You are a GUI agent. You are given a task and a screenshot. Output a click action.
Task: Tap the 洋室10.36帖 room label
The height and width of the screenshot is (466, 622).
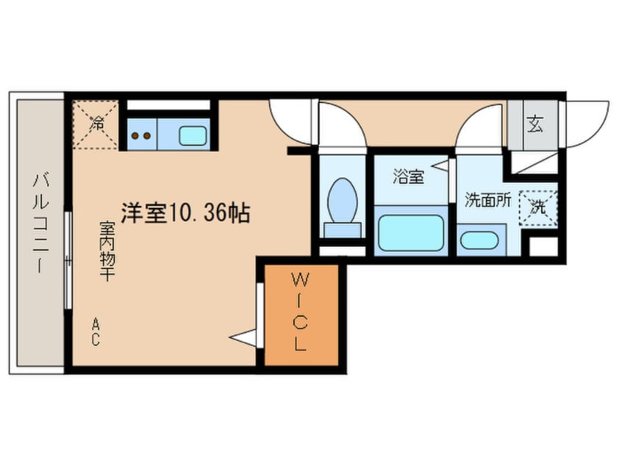185,214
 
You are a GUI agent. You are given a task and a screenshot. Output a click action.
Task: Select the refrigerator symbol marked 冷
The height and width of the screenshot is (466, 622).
96,124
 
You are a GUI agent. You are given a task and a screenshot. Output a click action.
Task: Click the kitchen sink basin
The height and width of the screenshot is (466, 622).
193,135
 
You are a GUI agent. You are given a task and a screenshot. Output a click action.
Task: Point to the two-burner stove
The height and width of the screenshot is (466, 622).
140,135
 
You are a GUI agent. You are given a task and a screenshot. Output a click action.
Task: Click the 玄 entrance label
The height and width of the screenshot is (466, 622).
534,124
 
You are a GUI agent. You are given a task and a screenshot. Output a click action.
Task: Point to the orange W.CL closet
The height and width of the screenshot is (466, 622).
301,315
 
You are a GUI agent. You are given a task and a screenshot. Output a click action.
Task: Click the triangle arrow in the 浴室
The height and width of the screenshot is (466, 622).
440,168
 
